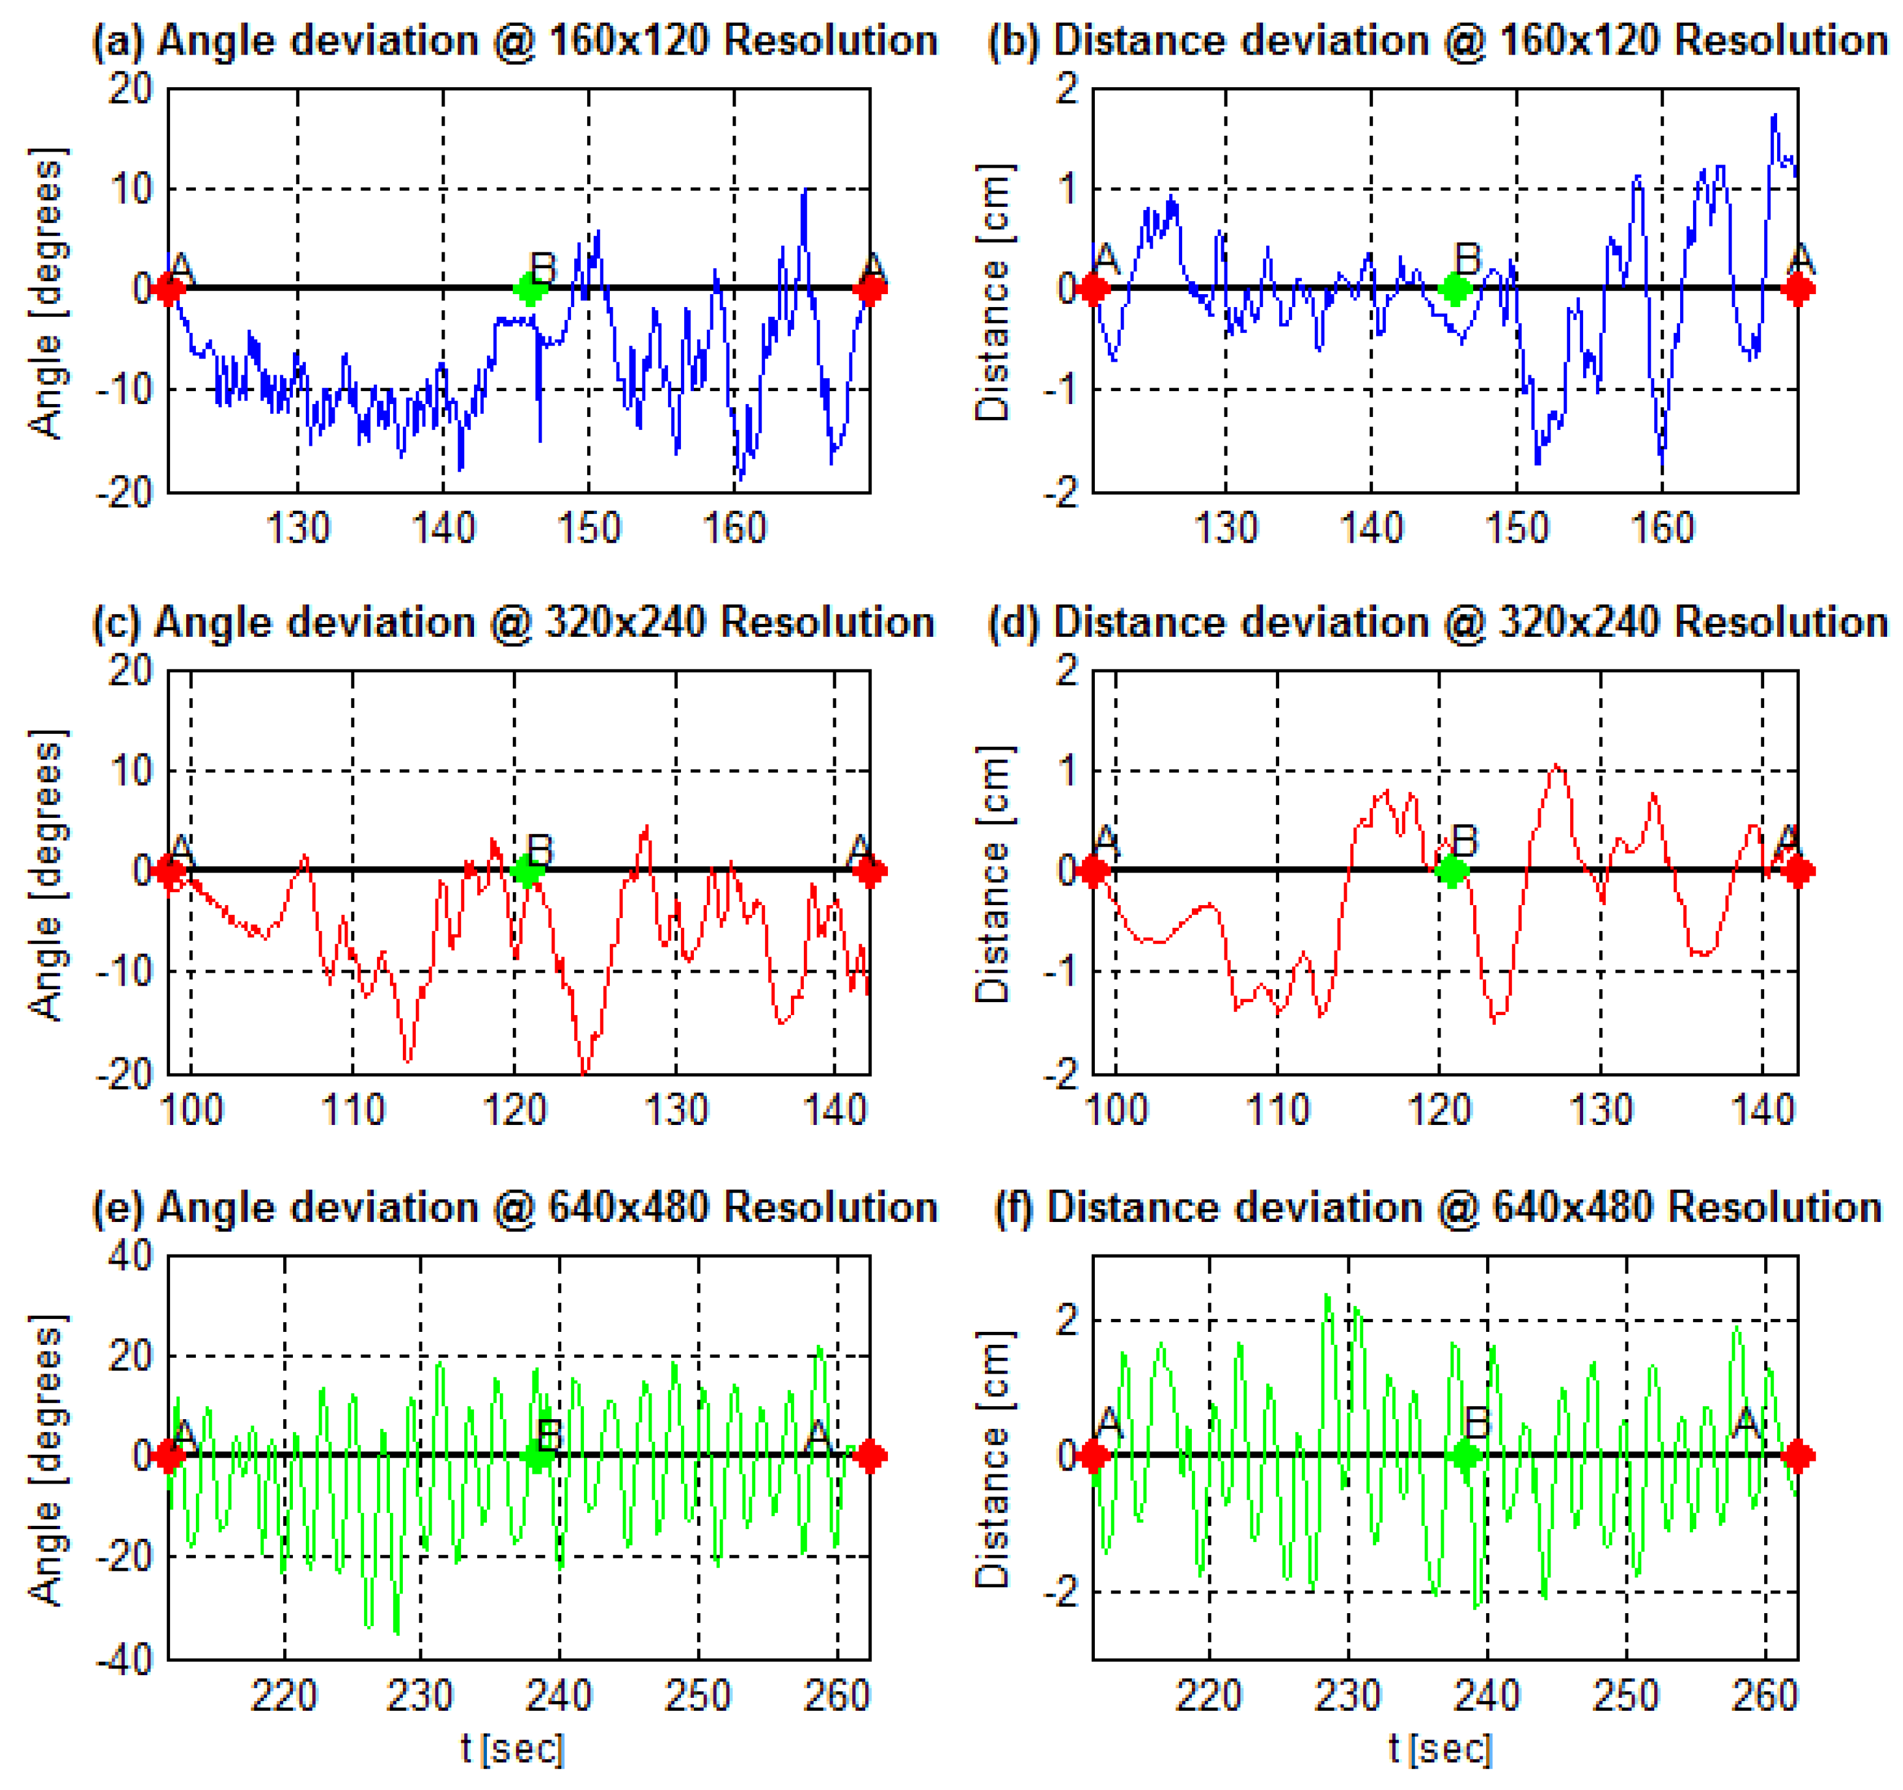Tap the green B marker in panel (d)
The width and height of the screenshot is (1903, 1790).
1452,870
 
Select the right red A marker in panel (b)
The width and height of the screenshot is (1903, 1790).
1798,288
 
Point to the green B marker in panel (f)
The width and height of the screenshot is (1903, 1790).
1465,1456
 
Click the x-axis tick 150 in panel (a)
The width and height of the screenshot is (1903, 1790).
589,528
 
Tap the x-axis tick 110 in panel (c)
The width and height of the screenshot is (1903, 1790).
352,1110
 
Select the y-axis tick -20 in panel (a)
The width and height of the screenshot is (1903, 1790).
125,493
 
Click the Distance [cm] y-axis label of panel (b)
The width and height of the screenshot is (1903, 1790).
993,292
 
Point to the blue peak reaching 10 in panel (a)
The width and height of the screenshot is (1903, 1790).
805,192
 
